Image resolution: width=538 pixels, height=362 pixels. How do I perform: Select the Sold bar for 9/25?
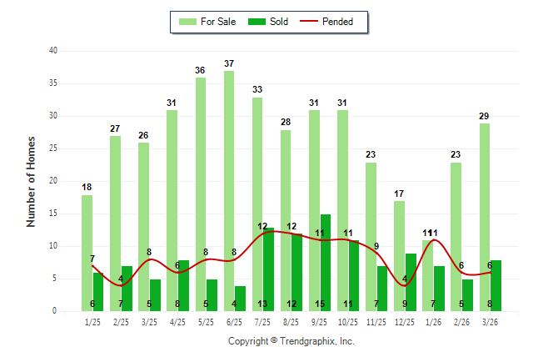click(x=325, y=263)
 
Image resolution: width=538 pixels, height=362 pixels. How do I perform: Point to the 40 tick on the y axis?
click(x=52, y=51)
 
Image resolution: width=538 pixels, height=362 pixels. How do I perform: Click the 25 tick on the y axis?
click(x=52, y=148)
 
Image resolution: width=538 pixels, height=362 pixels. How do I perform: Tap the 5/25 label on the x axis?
click(x=206, y=322)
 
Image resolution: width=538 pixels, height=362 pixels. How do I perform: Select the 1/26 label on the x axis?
click(x=433, y=322)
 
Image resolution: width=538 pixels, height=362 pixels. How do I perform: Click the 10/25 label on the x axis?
click(x=347, y=322)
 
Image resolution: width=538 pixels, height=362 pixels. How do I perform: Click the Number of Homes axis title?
click(x=31, y=181)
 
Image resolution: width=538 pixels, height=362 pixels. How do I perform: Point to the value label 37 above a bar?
click(x=229, y=63)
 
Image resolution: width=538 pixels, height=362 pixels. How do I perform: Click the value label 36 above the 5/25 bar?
click(x=201, y=70)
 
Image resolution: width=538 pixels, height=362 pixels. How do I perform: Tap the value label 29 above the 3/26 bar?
click(x=484, y=116)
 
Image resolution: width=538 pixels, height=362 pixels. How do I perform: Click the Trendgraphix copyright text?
click(x=291, y=341)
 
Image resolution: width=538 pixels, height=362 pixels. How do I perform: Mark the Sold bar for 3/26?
click(x=496, y=285)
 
